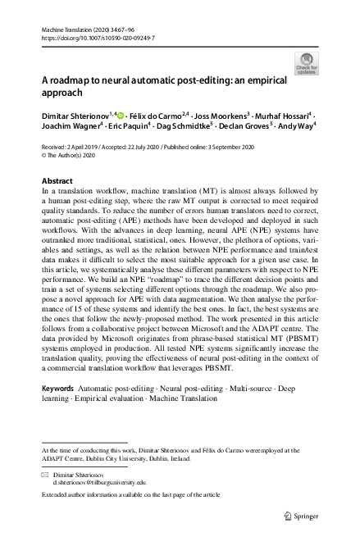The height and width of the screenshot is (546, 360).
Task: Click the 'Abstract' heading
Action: (x=62, y=179)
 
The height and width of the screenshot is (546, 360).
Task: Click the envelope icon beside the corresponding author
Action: (x=44, y=475)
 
